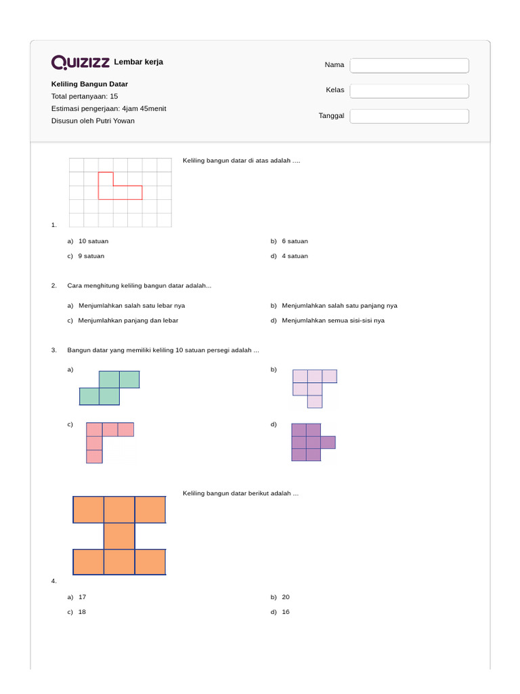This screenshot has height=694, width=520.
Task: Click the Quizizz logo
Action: [x=81, y=62]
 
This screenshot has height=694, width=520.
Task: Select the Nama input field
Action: [x=409, y=65]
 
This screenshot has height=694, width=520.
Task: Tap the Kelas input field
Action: [x=409, y=90]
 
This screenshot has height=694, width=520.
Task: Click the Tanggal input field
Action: [x=409, y=116]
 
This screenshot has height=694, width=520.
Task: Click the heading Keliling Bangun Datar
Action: [x=89, y=84]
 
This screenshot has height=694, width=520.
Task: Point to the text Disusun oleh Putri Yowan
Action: [x=93, y=121]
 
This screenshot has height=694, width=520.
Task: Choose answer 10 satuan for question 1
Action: [x=93, y=241]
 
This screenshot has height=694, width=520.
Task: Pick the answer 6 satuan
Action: [x=295, y=241]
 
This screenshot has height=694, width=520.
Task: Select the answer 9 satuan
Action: [x=91, y=256]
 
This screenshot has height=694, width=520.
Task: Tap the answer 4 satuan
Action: [x=295, y=256]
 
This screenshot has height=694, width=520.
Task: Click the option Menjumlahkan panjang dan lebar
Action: [x=128, y=321]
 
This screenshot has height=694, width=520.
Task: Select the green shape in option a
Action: [x=110, y=388]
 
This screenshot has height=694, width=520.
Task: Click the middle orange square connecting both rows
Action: [x=119, y=535]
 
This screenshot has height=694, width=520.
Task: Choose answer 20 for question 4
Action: [x=285, y=597]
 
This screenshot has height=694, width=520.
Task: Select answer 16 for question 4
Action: [x=285, y=612]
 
